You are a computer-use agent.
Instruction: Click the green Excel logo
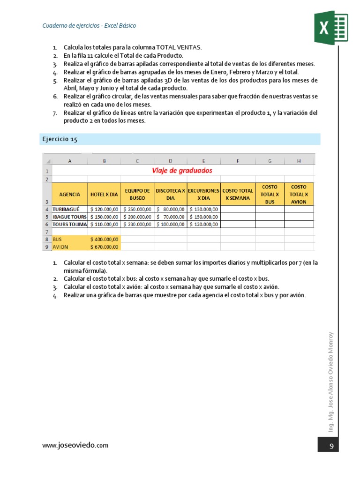330,29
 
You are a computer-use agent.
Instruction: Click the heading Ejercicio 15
60,139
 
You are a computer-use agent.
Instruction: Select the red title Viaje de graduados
182,171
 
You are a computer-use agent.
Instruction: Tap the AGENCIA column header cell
70,194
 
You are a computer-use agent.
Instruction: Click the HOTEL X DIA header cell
104,194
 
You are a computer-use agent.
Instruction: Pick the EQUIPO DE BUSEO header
137,194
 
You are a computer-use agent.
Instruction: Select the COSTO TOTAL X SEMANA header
237,194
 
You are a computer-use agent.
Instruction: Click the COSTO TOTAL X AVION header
299,194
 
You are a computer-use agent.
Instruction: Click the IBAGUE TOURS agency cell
70,217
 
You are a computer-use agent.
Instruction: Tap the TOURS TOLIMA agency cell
70,224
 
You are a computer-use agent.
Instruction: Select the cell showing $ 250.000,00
137,209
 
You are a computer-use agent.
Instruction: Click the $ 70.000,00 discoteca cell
170,217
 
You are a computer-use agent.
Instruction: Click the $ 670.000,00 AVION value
104,247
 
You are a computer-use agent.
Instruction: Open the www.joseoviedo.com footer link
75,445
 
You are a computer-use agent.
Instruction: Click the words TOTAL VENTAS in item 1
182,47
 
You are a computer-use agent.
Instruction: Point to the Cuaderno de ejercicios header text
89,26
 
